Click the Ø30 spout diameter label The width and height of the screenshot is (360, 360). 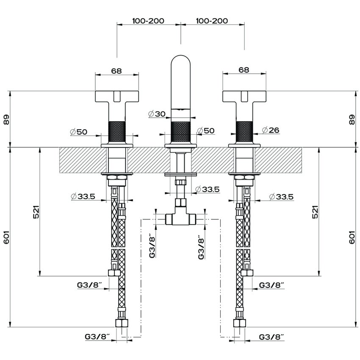(x=157, y=114)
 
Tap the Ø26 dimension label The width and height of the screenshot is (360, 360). (x=271, y=130)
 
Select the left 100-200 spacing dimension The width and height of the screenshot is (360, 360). (x=148, y=21)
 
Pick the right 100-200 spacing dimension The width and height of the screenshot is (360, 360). (x=212, y=21)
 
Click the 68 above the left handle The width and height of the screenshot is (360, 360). (x=116, y=71)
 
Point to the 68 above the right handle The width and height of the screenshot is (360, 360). (x=244, y=70)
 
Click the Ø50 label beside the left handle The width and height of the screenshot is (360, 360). (x=79, y=132)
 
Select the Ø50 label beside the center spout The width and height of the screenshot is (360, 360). (x=206, y=130)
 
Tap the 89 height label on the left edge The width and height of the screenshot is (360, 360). (x=6, y=119)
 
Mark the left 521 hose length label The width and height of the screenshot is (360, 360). (x=36, y=212)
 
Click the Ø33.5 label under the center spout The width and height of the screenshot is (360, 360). (x=208, y=189)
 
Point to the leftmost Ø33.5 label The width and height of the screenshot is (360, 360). (x=83, y=196)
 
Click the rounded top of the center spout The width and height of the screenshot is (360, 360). (x=181, y=61)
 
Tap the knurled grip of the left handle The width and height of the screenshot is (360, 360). (x=117, y=132)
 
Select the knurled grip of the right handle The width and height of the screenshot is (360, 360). (x=244, y=132)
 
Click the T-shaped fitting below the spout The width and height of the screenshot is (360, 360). (x=180, y=214)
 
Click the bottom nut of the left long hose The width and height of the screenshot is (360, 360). (x=122, y=323)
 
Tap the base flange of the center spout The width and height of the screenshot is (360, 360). (x=181, y=146)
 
